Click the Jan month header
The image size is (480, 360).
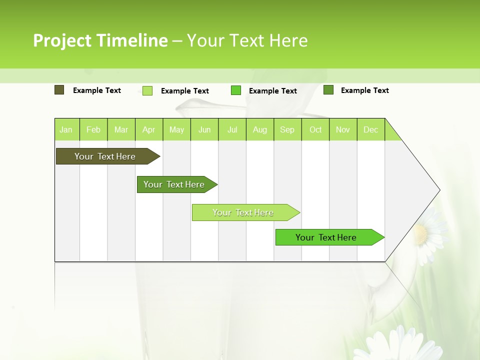(66, 129)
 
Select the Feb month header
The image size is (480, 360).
(93, 129)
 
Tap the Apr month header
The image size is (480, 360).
(149, 129)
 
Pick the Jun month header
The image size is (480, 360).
(204, 129)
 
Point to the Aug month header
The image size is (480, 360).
(260, 129)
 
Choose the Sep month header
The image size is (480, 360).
(287, 129)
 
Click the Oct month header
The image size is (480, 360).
(315, 129)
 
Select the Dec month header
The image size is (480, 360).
(371, 129)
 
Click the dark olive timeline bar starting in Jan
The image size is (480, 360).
(105, 156)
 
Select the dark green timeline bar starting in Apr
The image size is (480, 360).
(174, 184)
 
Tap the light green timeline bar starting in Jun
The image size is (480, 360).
(243, 212)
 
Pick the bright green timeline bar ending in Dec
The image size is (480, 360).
(326, 237)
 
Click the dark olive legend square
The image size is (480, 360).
(59, 90)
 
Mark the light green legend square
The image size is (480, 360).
(147, 90)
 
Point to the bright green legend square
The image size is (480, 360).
(236, 90)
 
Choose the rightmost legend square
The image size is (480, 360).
(328, 90)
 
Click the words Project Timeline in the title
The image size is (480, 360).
(100, 40)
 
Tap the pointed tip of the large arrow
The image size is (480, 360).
(439, 190)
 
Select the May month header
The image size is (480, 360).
(176, 129)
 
